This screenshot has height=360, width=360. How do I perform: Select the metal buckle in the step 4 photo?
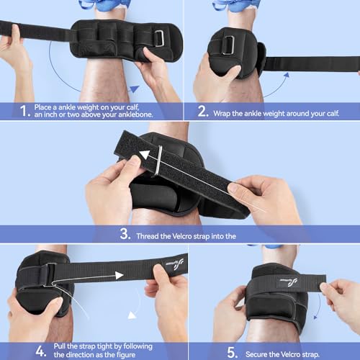click(50, 274)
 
